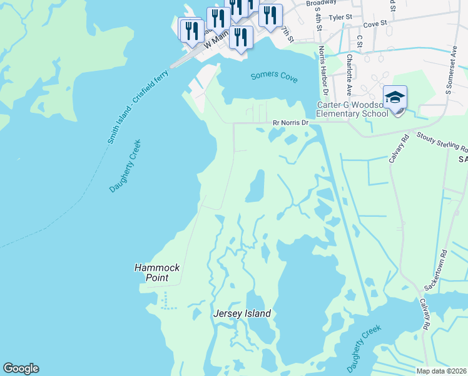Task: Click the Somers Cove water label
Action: pos(273,76)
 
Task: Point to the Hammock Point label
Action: pos(157,272)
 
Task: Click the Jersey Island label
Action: pos(242,313)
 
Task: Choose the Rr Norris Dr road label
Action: pos(290,123)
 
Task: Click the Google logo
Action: pos(21,368)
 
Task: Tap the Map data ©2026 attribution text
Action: pos(441,371)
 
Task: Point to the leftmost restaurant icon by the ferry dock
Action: pos(191,29)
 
